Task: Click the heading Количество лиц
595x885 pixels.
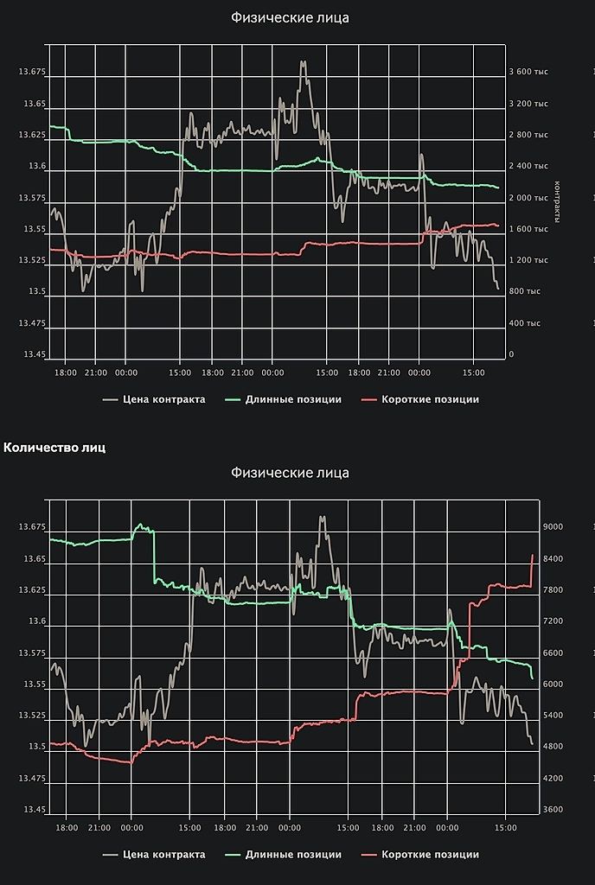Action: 55,447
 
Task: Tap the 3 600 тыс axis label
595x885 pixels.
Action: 528,72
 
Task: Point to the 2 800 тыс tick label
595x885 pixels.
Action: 528,135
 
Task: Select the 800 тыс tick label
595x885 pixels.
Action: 524,291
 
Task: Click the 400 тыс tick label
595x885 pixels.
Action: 524,323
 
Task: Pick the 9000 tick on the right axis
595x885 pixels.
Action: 553,527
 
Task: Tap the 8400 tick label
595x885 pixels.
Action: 553,559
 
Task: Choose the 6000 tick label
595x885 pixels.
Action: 553,684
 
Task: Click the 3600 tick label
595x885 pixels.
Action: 553,810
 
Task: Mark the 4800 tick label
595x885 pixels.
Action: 553,747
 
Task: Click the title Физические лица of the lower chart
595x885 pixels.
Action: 291,473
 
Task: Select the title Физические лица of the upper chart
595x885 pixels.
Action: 291,17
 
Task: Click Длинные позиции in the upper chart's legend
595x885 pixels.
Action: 293,399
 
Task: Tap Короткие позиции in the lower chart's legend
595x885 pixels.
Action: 430,855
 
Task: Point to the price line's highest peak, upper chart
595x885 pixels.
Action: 304,62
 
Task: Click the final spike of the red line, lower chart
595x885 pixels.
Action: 532,555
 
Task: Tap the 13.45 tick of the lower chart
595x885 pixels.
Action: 34,810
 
